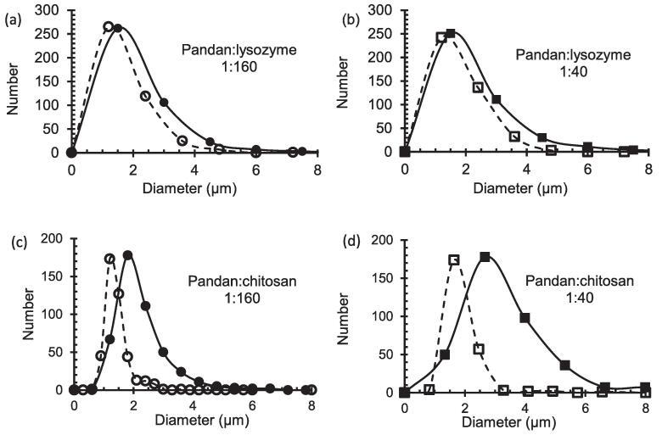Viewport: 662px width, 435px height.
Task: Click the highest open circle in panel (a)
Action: pos(109,26)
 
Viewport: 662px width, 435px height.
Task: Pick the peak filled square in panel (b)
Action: pos(451,34)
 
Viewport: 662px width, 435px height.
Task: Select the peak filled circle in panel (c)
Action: pos(128,254)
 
